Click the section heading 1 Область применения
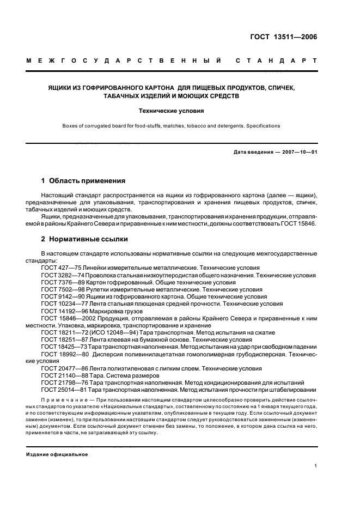pos(83,180)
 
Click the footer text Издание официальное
pos(57,454)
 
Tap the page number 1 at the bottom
pos(315,466)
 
